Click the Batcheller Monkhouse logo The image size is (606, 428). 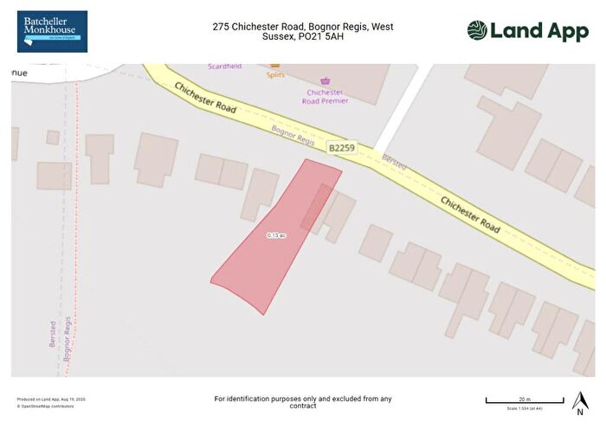(52, 31)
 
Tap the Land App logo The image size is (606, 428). (528, 31)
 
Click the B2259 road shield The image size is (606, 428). (342, 149)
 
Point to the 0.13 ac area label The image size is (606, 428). (276, 235)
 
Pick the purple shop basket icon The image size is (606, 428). (326, 81)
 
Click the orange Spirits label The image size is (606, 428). (275, 74)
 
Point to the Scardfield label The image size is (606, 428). (224, 67)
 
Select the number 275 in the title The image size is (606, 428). (222, 27)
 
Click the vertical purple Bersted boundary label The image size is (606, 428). (53, 334)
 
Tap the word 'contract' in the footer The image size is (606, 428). (303, 406)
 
